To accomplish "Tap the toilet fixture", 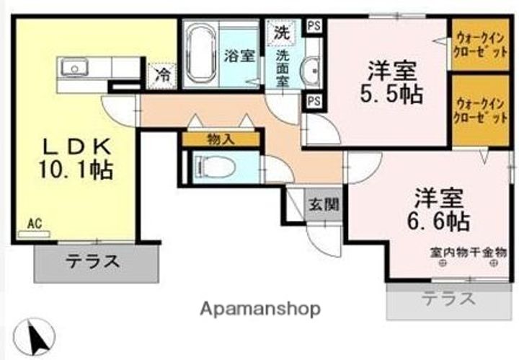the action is point(215,167).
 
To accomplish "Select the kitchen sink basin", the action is point(74,68).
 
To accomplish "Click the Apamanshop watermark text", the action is point(260,309).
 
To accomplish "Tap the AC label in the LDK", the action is point(35,224).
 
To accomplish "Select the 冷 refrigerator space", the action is point(162,76).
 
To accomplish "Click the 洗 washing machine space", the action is point(282,33).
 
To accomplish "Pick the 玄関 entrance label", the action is point(324,205).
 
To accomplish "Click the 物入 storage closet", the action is point(221,139).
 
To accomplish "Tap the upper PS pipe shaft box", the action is point(314,26).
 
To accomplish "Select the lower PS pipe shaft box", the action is point(314,101).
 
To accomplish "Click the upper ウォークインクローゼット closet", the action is point(480,45).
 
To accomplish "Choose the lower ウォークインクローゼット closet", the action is point(480,110).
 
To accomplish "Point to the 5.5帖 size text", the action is point(391,95).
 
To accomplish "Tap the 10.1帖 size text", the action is point(76,170).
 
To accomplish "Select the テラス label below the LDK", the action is point(93,262).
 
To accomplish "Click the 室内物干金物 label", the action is point(469,253).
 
